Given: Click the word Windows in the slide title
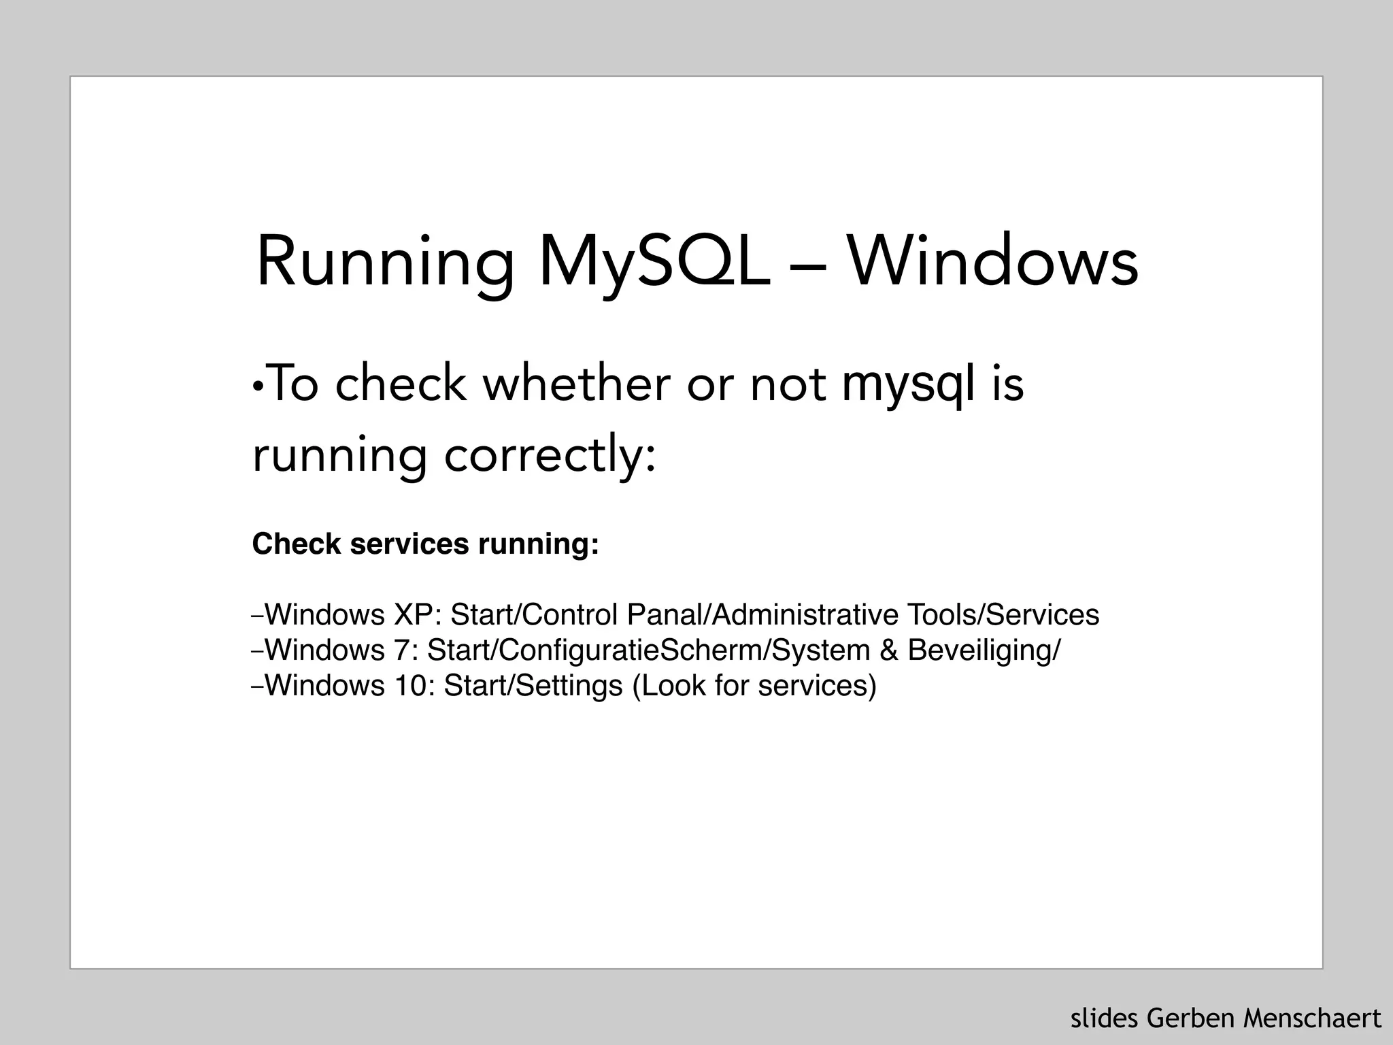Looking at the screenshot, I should tap(992, 262).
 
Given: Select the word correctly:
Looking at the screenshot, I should tap(550, 455).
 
